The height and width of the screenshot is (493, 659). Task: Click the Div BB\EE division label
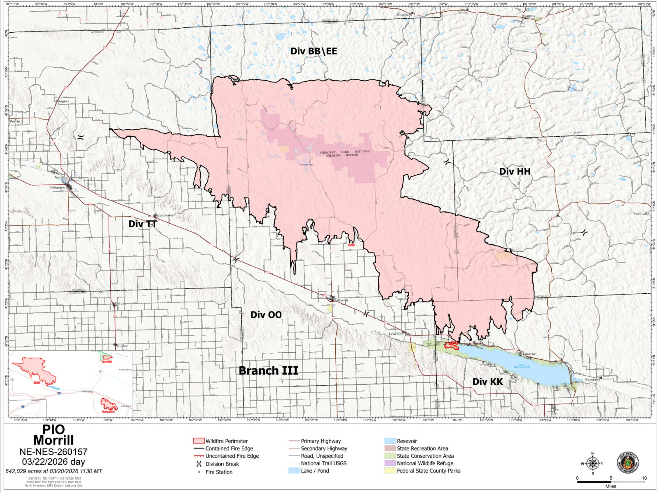(x=314, y=51)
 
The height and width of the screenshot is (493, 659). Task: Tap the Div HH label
(x=515, y=171)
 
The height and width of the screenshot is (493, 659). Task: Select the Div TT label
(x=142, y=224)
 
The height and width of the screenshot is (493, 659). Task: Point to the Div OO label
(x=266, y=315)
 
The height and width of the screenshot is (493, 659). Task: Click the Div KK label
(x=488, y=381)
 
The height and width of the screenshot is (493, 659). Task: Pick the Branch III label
(x=268, y=371)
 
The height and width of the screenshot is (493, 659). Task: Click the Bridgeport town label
(x=58, y=188)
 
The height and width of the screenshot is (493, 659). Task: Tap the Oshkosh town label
(x=341, y=300)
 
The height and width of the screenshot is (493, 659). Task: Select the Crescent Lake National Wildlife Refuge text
(x=345, y=153)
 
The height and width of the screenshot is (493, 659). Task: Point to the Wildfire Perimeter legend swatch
(x=199, y=441)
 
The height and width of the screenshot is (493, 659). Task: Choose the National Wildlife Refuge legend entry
(x=425, y=463)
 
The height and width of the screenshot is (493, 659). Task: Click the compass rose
(x=592, y=463)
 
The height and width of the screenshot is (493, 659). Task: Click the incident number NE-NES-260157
(x=54, y=452)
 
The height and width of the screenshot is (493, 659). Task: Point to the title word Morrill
(x=54, y=440)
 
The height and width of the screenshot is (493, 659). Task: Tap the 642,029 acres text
(x=54, y=471)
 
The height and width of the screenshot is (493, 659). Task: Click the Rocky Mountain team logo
(x=628, y=463)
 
